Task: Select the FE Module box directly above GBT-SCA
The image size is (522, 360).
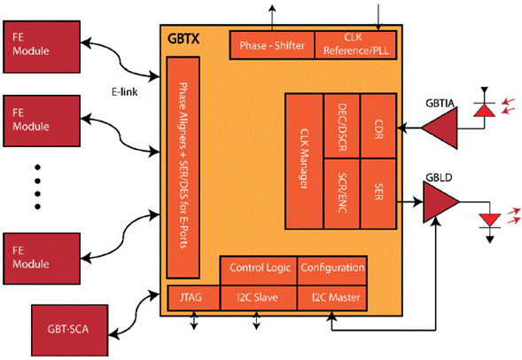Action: point(41,254)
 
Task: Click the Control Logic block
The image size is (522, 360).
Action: point(258,267)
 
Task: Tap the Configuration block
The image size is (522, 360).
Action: point(331,267)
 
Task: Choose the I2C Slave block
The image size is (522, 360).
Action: point(258,297)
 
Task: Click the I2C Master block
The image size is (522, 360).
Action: point(331,297)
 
